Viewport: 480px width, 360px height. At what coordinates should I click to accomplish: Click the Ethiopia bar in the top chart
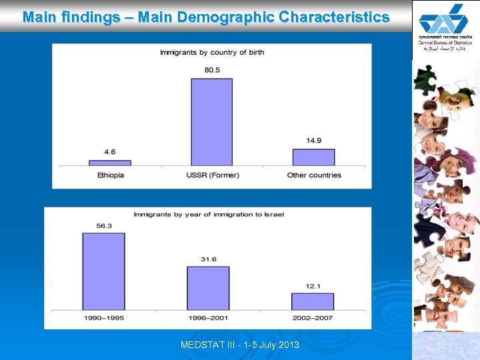click(110, 163)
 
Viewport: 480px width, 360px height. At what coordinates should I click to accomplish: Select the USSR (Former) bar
click(212, 122)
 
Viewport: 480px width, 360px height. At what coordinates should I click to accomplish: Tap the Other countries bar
click(313, 157)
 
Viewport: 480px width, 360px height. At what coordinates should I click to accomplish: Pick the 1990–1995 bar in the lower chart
click(103, 271)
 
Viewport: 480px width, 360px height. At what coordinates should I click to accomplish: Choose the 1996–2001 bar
click(208, 288)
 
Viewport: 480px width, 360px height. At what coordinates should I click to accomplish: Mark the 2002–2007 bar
click(312, 301)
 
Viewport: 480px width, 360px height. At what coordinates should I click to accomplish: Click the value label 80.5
click(212, 71)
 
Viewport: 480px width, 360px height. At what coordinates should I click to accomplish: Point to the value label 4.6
click(110, 152)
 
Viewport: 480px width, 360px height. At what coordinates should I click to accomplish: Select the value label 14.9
click(313, 141)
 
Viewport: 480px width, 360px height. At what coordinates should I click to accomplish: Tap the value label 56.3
click(103, 226)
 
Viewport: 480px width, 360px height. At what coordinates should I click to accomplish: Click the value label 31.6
click(208, 259)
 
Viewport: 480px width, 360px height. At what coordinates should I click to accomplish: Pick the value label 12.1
click(313, 286)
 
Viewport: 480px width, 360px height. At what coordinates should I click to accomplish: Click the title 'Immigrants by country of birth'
click(212, 53)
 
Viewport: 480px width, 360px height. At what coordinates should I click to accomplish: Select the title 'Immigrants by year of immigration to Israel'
click(209, 215)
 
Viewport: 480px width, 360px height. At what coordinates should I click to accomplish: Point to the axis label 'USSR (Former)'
click(213, 175)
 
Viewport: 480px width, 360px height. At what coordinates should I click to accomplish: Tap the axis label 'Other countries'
click(314, 175)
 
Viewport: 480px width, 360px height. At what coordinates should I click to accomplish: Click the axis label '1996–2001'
click(208, 318)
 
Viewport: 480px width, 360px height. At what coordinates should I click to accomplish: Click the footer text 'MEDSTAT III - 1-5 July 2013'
click(240, 345)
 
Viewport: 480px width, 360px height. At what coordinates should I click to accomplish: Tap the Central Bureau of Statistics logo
click(445, 27)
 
